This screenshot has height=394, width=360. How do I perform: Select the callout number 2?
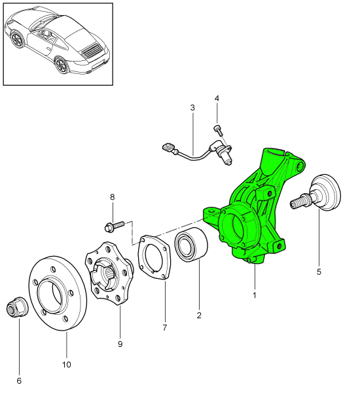pos(199,315)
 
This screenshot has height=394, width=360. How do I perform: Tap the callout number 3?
pos(192,107)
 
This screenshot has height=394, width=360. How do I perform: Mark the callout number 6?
pos(19,380)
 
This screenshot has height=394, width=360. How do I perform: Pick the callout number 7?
pos(165,327)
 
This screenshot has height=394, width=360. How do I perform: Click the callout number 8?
pos(112,196)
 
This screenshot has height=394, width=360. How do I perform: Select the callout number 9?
pos(120,343)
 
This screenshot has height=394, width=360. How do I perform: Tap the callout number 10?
pos(67,364)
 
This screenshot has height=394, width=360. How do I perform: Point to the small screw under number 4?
pos(217,128)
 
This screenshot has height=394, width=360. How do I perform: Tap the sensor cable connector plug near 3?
pos(169,149)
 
